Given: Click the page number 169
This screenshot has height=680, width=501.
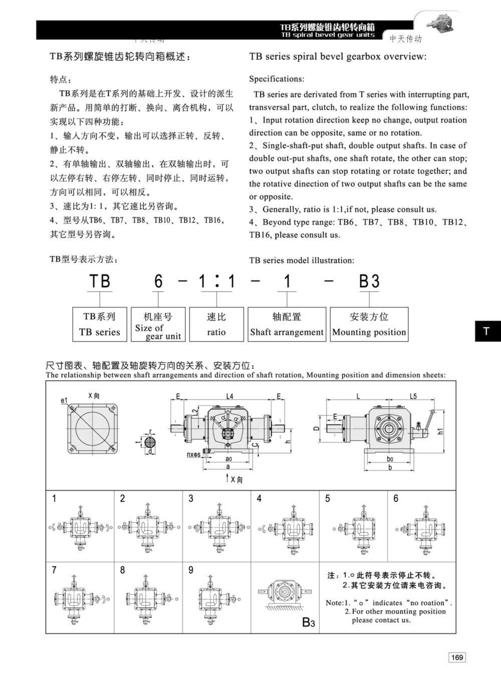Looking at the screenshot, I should tap(457, 657).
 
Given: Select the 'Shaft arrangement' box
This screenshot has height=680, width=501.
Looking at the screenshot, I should tap(287, 324).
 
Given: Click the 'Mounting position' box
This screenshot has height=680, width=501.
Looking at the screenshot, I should tap(369, 324).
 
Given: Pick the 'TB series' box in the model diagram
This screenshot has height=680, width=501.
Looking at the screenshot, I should tap(99, 324).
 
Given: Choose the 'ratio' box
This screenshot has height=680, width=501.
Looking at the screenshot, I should tap(216, 324).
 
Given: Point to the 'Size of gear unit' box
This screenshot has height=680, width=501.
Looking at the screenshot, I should tap(158, 324).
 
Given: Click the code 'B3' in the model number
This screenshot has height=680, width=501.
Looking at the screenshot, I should tap(369, 281).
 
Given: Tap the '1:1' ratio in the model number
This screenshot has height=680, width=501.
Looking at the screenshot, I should tap(216, 281).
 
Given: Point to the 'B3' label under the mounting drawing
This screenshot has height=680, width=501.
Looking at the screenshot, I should tap(309, 623).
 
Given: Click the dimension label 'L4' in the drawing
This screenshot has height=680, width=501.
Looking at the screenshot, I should tap(229, 396).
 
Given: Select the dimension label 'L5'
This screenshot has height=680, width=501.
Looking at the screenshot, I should tap(413, 396).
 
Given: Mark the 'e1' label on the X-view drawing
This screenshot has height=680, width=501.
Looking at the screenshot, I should tap(64, 401).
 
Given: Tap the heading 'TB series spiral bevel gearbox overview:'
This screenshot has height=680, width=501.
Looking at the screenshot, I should tap(338, 57).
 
